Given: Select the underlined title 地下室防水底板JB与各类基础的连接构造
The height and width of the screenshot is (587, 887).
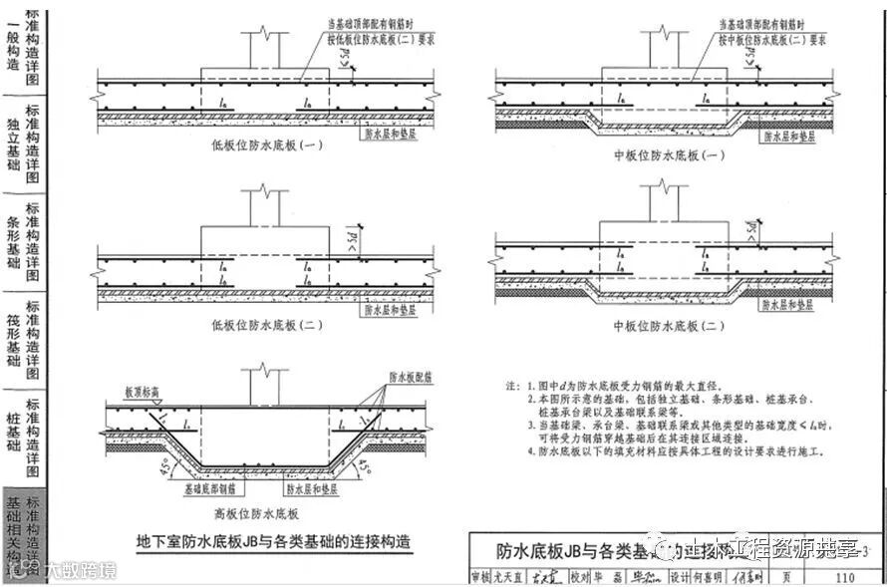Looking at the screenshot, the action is [273, 543].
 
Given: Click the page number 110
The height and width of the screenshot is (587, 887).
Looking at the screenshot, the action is [846, 577].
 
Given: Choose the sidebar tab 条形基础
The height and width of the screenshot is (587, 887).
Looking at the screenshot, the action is [13, 243].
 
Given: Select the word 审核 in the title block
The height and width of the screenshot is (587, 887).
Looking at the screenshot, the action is [481, 577].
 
